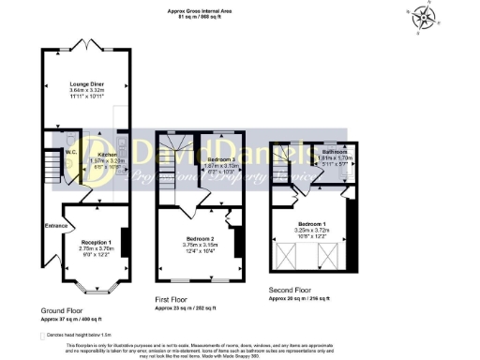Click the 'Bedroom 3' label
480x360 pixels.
point(218,160)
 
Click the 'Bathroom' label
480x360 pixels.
point(335,152)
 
